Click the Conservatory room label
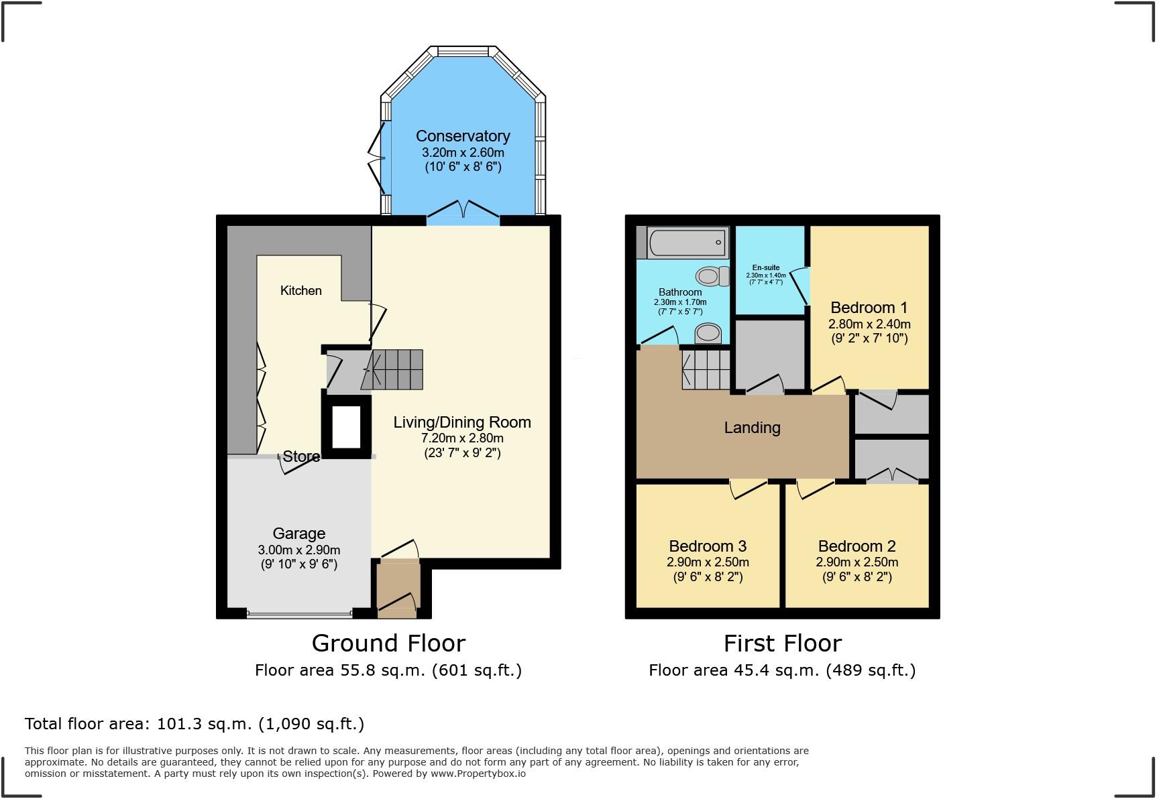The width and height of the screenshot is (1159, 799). [463, 136]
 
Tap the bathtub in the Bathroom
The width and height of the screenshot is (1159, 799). [687, 243]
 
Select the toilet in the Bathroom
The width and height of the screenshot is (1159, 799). [712, 276]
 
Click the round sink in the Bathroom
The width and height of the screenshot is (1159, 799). [708, 333]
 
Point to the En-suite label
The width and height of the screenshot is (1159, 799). [765, 267]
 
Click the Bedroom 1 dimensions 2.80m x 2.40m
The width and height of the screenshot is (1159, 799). [869, 324]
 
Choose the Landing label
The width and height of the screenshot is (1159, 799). [752, 428]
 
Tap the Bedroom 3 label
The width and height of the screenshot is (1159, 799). [708, 546]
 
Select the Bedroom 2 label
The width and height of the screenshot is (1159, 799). [857, 546]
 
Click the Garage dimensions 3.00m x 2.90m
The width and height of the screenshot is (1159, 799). [298, 550]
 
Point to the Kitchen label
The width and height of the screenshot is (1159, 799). [300, 290]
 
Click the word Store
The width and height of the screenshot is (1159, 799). [301, 456]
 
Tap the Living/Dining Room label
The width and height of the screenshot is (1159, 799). [461, 422]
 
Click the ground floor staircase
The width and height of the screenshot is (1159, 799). [396, 369]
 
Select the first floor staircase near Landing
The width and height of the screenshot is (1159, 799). [706, 370]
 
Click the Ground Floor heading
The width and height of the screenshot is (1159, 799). [388, 643]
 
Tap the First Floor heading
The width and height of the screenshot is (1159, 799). [782, 643]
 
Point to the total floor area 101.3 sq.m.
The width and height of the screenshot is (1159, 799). [195, 724]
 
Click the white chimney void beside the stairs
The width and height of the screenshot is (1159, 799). [347, 427]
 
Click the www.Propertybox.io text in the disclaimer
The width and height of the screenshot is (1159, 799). [478, 774]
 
